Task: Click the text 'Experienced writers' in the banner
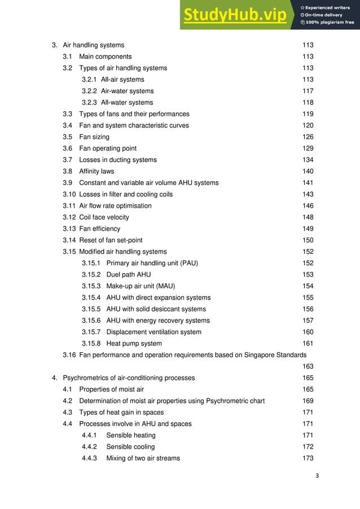click(328, 8)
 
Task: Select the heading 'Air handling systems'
click(93, 45)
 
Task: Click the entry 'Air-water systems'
click(127, 91)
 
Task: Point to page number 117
click(308, 91)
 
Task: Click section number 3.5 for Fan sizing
click(68, 137)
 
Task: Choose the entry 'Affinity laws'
click(96, 172)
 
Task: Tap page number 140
click(308, 172)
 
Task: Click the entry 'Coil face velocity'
click(104, 217)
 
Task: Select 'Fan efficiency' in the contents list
click(99, 229)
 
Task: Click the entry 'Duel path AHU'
click(129, 275)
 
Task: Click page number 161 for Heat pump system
click(308, 344)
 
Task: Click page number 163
click(308, 367)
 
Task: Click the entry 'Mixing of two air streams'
click(143, 458)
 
